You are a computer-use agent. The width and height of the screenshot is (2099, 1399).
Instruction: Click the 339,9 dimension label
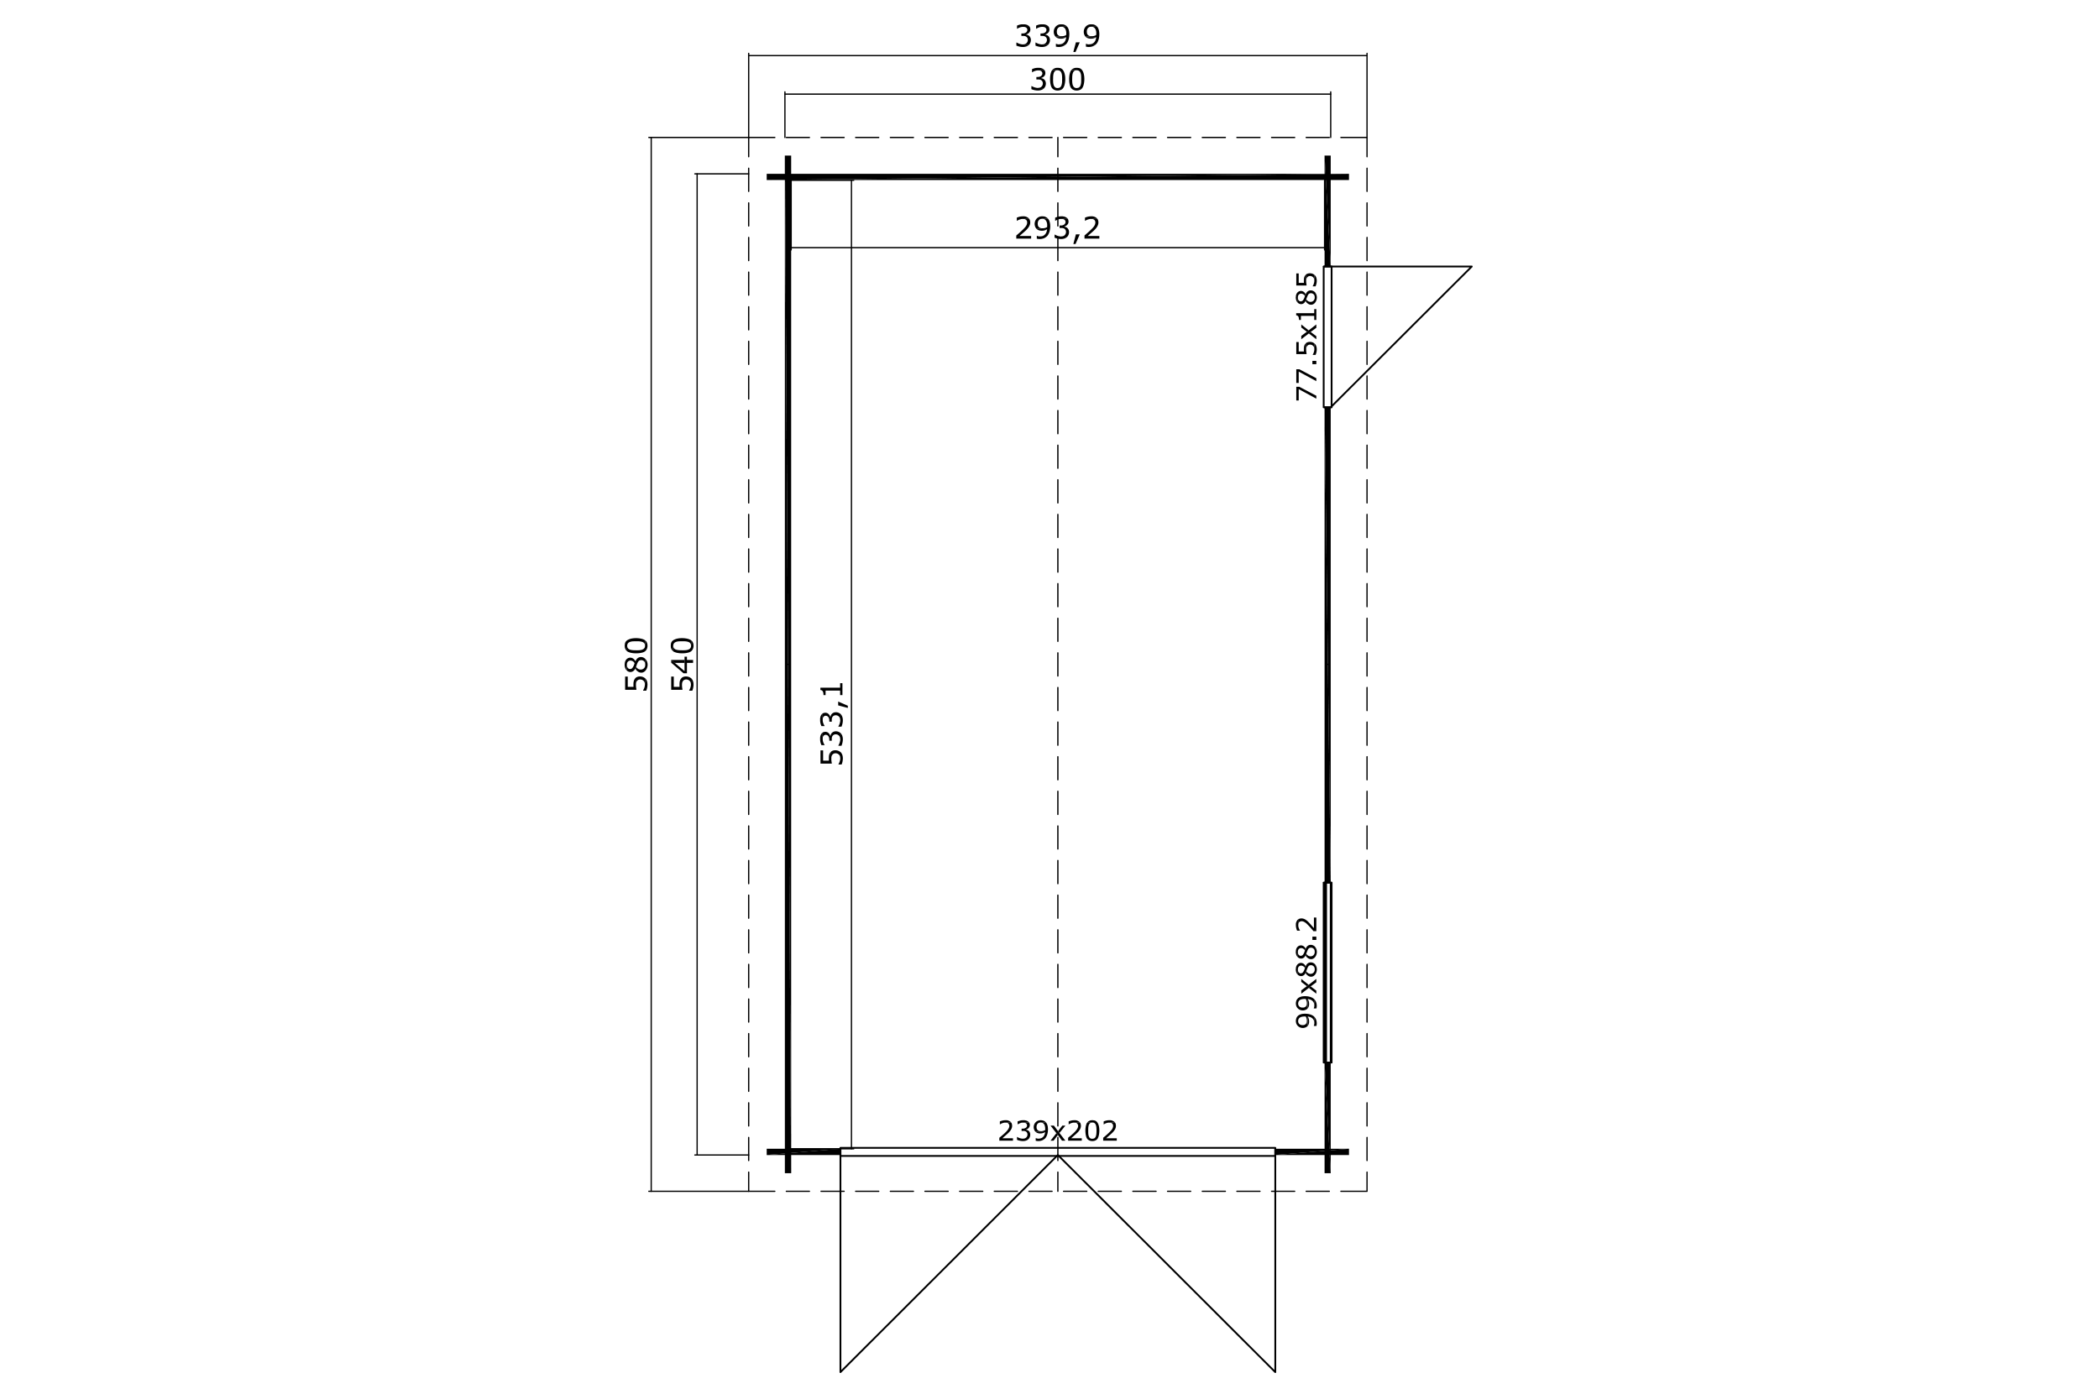coord(1057,37)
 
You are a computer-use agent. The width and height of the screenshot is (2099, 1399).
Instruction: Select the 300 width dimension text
coord(1058,81)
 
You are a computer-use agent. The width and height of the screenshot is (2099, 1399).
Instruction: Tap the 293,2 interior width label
coord(1057,228)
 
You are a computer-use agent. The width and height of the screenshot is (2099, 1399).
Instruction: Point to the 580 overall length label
coord(636,664)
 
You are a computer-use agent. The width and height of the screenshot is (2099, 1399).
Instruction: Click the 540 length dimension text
coord(683,664)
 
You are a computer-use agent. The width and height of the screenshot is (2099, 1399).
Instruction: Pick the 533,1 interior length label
coord(832,723)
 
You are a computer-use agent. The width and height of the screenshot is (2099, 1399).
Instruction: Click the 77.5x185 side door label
coord(1306,337)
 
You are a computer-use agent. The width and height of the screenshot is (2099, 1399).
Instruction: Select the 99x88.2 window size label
coord(1306,972)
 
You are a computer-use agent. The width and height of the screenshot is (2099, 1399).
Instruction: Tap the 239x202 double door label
coord(1058,1131)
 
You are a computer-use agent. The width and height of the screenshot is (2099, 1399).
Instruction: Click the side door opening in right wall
coord(1327,337)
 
